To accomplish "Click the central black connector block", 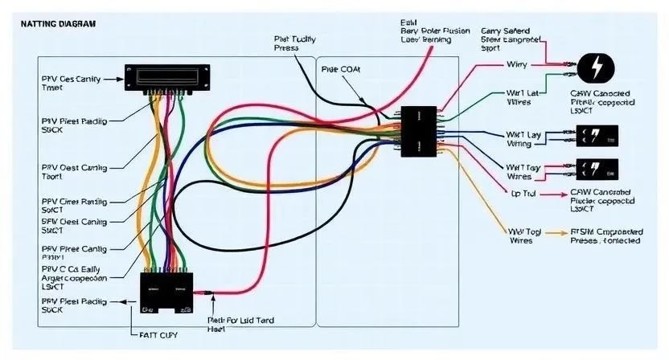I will coord(418,130).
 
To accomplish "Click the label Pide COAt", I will coord(342,69).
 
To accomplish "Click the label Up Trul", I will coord(524,194).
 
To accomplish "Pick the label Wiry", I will coord(516,63).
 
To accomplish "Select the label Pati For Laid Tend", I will coord(240,324).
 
